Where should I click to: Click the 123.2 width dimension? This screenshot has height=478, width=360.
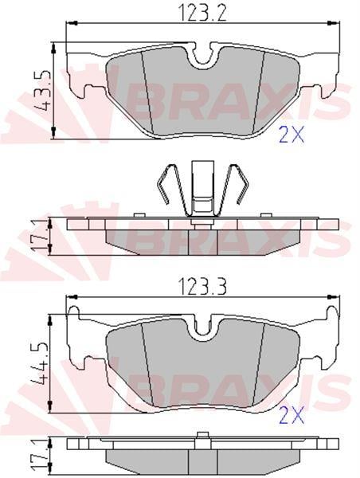[x=203, y=13]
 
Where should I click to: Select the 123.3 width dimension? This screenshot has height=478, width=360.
[x=203, y=288]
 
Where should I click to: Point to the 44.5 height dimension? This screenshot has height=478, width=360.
[x=40, y=364]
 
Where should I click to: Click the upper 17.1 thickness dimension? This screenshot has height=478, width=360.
[x=40, y=237]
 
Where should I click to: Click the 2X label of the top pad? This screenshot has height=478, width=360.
[x=292, y=135]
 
